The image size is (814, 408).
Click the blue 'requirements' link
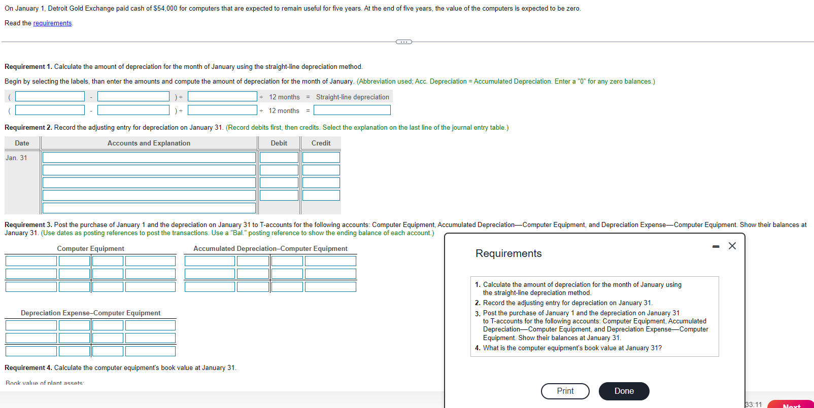click(x=52, y=23)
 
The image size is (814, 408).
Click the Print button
click(x=565, y=391)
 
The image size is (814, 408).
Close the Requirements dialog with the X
click(x=732, y=246)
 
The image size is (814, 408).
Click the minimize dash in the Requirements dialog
click(x=716, y=246)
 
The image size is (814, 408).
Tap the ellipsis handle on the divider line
click(x=403, y=42)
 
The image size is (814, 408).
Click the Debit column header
click(x=279, y=143)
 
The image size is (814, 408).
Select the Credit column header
click(x=321, y=143)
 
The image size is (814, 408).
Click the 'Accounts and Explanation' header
click(x=149, y=143)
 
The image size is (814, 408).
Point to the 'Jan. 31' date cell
click(x=17, y=158)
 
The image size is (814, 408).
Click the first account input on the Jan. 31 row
click(x=149, y=158)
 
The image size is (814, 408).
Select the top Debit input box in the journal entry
click(x=279, y=158)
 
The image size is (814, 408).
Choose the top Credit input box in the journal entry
click(x=321, y=158)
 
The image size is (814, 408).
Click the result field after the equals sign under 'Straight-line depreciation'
click(x=352, y=110)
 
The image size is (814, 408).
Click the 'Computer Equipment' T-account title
click(x=90, y=249)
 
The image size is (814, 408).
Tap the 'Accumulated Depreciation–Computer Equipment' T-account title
click(x=270, y=249)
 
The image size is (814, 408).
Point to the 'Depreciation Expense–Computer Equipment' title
click(x=90, y=313)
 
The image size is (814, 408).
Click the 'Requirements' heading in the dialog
click(x=508, y=253)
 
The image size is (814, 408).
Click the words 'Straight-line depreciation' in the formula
click(x=352, y=97)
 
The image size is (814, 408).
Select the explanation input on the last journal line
click(x=149, y=208)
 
